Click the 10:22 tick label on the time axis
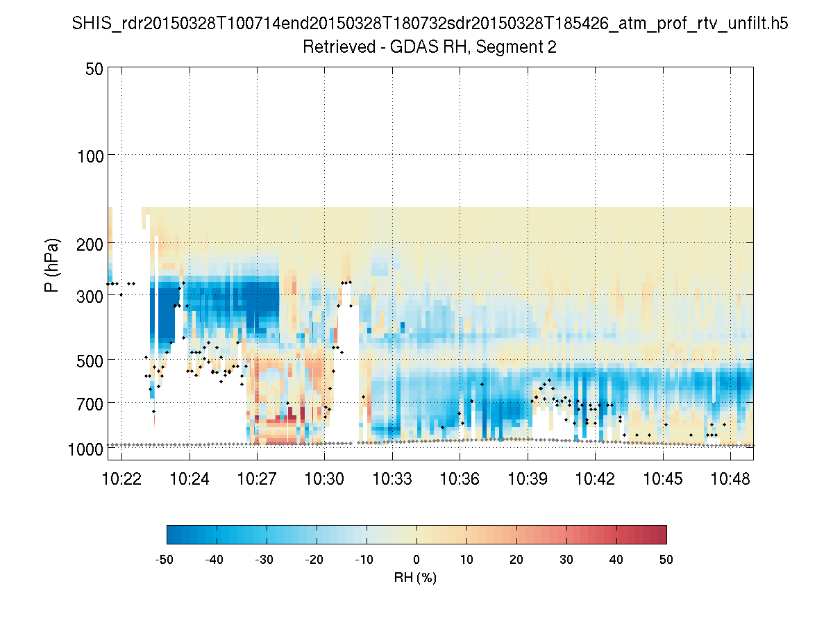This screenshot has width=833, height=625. pos(121,479)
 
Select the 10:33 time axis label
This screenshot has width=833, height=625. pos(392,479)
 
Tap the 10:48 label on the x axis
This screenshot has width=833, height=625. pos(730,479)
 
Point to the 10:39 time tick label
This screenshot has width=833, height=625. pos(528,479)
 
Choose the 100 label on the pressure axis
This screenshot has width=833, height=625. pos(90,155)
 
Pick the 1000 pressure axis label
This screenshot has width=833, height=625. pos(85,450)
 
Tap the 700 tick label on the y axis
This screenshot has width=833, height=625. pos(90,403)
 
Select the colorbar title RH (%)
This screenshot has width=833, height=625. pos(415,578)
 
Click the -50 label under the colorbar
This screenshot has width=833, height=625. pos(165,560)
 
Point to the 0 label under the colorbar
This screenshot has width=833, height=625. pos(416,560)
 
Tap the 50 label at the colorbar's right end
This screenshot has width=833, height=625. pos(666,560)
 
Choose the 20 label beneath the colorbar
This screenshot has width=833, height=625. pos(516,560)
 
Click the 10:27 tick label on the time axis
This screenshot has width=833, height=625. pos(257,479)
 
